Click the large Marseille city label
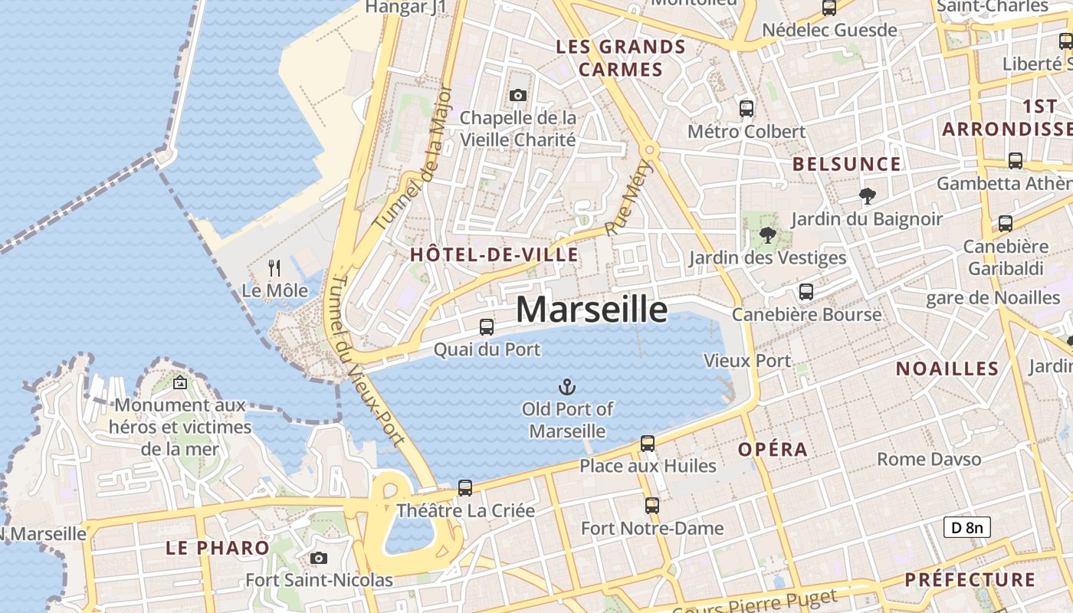tap(591, 310)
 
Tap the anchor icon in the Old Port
tap(567, 387)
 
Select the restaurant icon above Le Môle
tap(274, 268)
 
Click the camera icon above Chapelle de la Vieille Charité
tap(518, 96)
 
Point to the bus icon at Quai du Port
tap(486, 327)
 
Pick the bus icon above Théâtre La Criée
tap(464, 488)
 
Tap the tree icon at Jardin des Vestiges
tap(767, 235)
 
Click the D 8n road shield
tap(966, 527)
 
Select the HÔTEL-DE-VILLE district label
tap(494, 255)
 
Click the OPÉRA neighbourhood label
tap(773, 450)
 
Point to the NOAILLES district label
tap(947, 369)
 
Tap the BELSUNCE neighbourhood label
tap(846, 164)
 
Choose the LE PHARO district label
tap(218, 548)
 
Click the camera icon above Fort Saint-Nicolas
tap(319, 559)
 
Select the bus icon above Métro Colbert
tap(747, 109)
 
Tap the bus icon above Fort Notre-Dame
tap(651, 506)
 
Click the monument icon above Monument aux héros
tap(180, 382)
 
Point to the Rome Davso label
tap(929, 460)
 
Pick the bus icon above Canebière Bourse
tap(806, 292)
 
